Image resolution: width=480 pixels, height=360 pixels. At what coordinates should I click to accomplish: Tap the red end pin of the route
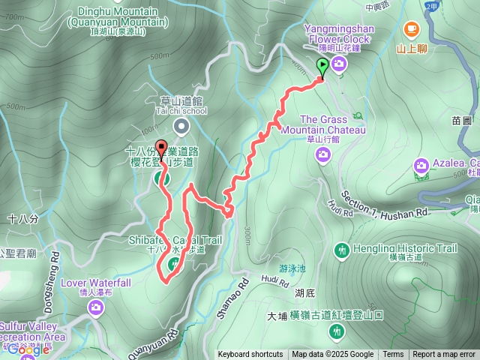tap(160, 148)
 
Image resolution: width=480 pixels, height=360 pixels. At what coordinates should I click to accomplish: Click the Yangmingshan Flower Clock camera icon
tap(339, 65)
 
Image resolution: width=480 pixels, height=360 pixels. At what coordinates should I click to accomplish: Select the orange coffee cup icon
tap(410, 28)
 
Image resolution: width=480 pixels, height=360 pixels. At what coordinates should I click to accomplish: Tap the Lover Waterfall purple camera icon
tap(95, 308)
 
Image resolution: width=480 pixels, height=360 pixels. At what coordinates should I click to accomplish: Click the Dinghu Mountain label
tap(122, 16)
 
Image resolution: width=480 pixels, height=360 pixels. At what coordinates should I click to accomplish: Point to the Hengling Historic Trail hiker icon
tap(342, 249)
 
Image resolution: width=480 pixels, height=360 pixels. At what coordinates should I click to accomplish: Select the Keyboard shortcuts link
tap(250, 355)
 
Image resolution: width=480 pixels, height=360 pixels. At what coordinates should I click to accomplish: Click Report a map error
tap(444, 355)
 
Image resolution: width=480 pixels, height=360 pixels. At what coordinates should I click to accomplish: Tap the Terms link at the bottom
tap(393, 355)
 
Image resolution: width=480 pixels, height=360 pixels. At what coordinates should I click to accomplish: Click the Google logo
tap(28, 349)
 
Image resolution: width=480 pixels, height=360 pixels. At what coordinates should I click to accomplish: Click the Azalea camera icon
tap(421, 164)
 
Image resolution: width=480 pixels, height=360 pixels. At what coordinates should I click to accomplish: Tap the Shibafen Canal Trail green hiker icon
tap(175, 262)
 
